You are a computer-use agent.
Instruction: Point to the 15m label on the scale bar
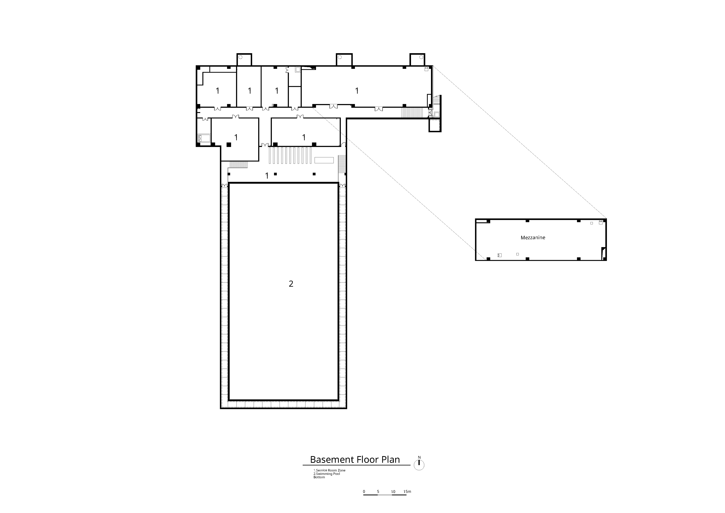click(x=407, y=492)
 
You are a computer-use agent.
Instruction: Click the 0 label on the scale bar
click(x=364, y=492)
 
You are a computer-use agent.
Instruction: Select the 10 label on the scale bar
click(x=393, y=492)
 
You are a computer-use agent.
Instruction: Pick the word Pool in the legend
click(x=337, y=483)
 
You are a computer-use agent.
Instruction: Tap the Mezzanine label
click(x=533, y=238)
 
